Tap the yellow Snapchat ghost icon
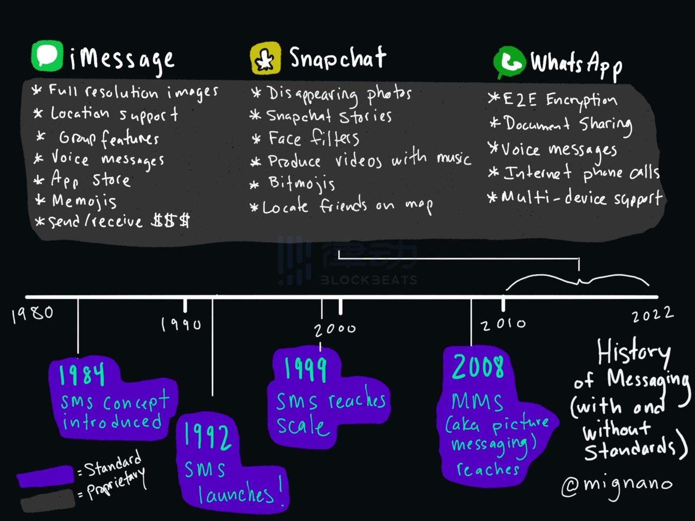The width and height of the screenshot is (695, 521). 265,58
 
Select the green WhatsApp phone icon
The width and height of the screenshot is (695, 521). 509,63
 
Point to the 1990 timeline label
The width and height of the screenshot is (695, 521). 181,324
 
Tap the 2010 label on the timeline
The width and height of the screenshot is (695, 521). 503,324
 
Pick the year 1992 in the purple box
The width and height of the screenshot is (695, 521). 207,436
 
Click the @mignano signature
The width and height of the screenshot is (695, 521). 617,485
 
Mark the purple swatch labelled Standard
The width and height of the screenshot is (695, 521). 45,476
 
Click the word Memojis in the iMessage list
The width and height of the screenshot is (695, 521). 84,201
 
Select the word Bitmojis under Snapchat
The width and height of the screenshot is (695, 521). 302,183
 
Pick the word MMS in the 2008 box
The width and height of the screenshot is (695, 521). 477,401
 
